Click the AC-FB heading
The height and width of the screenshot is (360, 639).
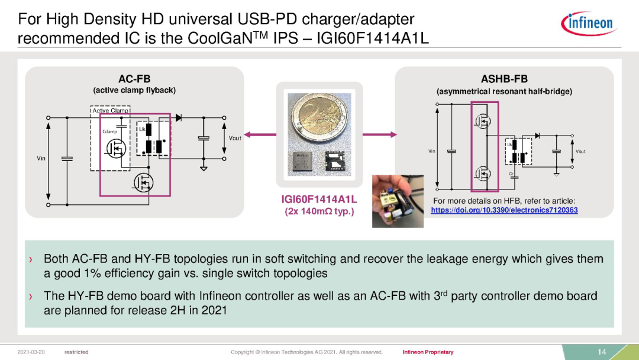click(x=134, y=79)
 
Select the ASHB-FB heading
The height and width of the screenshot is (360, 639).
click(x=504, y=79)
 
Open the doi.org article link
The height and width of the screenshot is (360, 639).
click(x=504, y=210)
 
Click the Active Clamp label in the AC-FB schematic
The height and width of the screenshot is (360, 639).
click(x=111, y=110)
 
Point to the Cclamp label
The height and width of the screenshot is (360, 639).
click(x=109, y=131)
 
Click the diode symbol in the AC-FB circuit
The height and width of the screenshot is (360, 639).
click(x=178, y=118)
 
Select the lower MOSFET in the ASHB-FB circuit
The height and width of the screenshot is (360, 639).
click(x=483, y=173)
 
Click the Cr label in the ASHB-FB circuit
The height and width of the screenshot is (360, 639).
click(x=511, y=173)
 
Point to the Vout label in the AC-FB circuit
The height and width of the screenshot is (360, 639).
click(x=235, y=138)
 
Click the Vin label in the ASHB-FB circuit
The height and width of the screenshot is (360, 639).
click(x=431, y=152)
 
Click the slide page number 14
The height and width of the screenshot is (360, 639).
click(x=602, y=352)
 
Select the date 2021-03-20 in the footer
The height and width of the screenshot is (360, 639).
click(x=31, y=352)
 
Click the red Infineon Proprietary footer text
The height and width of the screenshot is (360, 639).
click(x=428, y=352)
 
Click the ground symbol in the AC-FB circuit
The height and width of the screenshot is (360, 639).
click(x=204, y=168)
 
